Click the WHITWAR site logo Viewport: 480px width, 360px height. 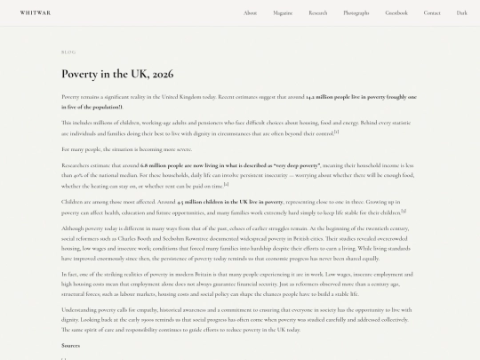click(x=36, y=13)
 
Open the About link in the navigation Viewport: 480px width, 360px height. click(x=250, y=13)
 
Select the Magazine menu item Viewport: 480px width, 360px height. click(x=283, y=13)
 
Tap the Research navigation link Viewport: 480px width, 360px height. click(x=318, y=13)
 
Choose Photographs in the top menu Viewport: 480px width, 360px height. click(x=356, y=13)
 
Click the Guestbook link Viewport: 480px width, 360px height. click(x=396, y=13)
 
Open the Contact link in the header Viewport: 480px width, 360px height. click(x=432, y=13)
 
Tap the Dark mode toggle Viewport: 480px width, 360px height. click(x=462, y=13)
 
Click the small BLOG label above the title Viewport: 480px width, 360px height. click(x=68, y=52)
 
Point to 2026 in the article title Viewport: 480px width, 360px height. click(x=162, y=73)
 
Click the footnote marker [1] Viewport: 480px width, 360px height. click(x=337, y=132)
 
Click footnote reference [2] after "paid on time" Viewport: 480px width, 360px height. click(x=227, y=184)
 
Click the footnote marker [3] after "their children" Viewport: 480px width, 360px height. click(x=404, y=211)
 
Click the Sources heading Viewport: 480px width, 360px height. click(x=70, y=345)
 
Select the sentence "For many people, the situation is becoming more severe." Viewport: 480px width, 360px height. click(x=109, y=149)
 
